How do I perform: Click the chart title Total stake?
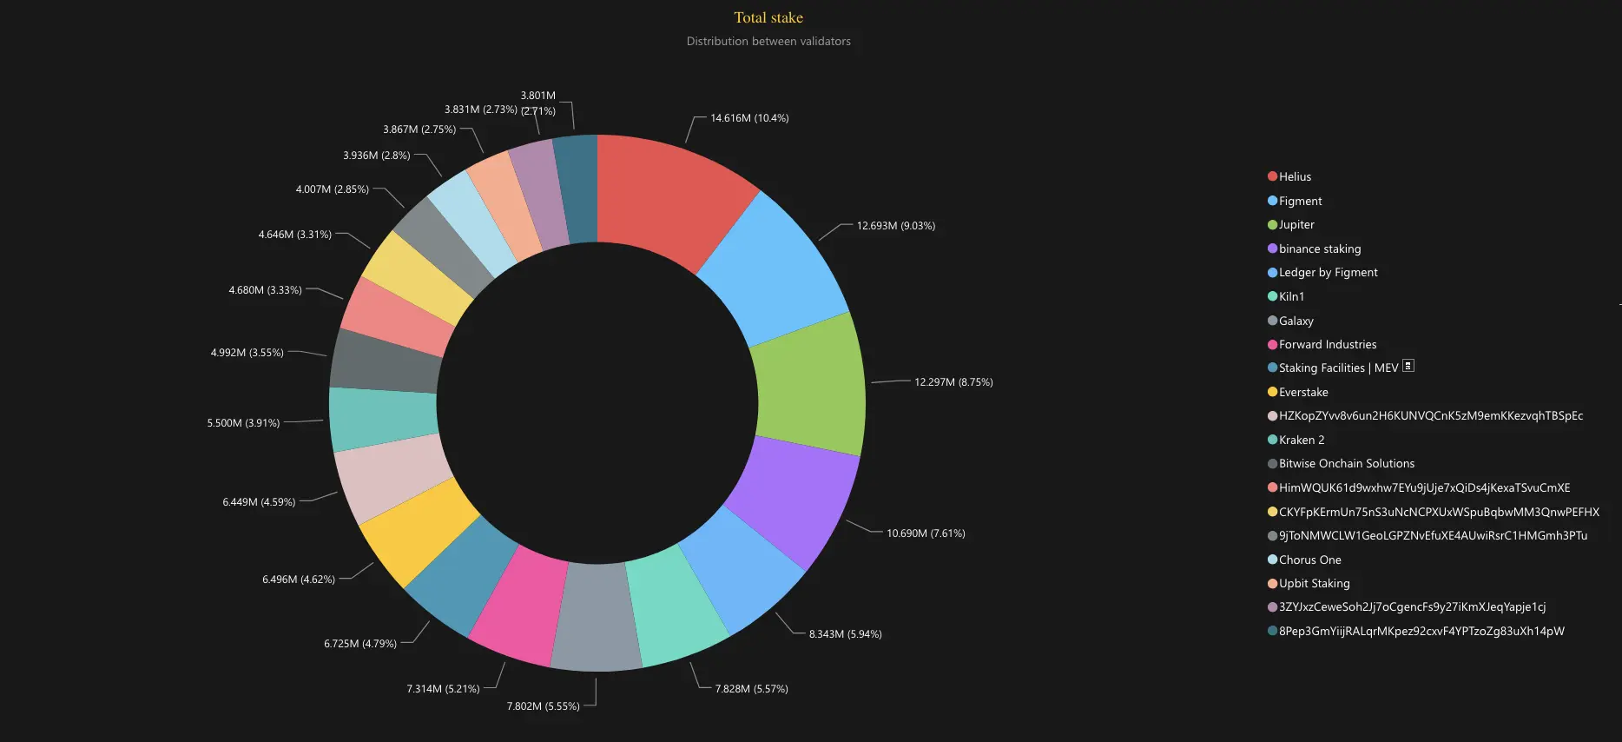point(768,17)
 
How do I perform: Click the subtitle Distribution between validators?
point(768,41)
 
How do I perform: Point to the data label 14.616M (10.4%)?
point(749,118)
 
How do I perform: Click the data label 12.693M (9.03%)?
point(895,226)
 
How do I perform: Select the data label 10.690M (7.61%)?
point(926,533)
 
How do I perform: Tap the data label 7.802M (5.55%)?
point(543,706)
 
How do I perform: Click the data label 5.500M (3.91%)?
point(243,423)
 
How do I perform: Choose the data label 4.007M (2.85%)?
point(332,189)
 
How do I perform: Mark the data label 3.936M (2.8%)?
point(376,156)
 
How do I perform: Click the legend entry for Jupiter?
point(1296,225)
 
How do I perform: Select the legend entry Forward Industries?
point(1327,345)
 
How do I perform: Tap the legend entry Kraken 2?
point(1301,441)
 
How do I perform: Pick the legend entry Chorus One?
point(1309,560)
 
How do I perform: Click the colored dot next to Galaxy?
point(1272,321)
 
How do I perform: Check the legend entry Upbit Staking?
point(1314,584)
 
